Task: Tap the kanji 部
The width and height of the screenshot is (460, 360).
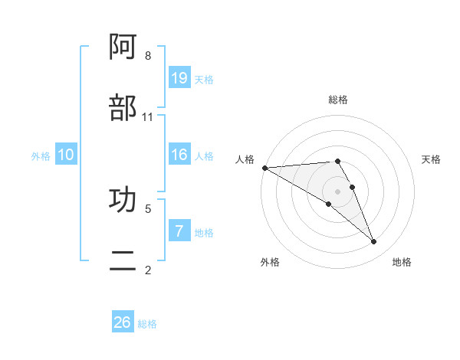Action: (x=123, y=108)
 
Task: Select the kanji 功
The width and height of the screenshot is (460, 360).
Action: (x=123, y=200)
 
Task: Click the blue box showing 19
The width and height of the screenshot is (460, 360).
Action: (x=179, y=77)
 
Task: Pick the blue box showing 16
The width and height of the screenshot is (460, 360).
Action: (x=179, y=155)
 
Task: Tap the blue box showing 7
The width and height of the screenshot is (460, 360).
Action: (x=179, y=231)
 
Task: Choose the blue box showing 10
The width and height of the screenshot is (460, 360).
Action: (x=66, y=155)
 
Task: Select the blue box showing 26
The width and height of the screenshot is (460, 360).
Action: (x=123, y=322)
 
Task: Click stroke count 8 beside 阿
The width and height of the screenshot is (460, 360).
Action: (x=148, y=56)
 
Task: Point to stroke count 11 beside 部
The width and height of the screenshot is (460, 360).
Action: (x=148, y=117)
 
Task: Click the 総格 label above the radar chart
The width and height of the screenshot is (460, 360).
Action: (x=338, y=100)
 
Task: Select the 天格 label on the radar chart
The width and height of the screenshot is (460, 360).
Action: (x=432, y=159)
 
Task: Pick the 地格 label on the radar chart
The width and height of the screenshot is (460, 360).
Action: (x=402, y=262)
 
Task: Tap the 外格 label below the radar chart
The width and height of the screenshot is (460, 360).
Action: (x=270, y=262)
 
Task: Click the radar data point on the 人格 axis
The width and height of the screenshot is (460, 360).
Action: (x=264, y=168)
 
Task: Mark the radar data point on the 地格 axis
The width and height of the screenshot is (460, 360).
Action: (x=374, y=242)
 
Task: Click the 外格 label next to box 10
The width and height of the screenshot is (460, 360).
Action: (x=41, y=155)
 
